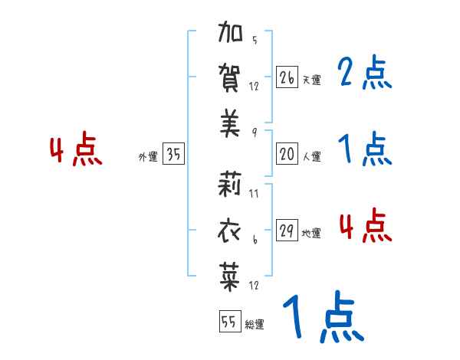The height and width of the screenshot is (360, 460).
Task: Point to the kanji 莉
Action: click(x=231, y=185)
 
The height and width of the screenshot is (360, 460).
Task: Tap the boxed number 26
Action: click(x=287, y=77)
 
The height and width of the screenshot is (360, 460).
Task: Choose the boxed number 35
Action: click(x=173, y=155)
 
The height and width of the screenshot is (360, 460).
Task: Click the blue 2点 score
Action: click(x=364, y=74)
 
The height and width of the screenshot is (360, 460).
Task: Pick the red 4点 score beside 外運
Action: click(x=74, y=151)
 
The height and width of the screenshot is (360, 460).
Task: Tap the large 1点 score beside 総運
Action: click(x=321, y=318)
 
